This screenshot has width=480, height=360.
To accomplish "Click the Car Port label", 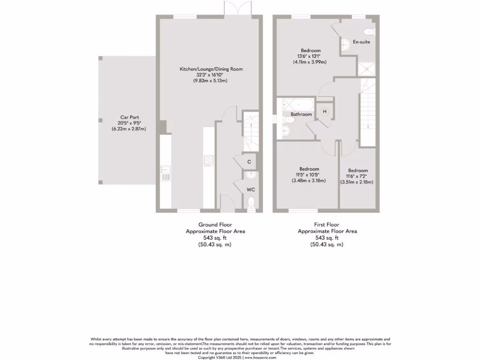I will pyautogui.click(x=129, y=117).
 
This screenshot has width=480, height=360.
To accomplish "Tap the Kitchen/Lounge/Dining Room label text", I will pyautogui.click(x=211, y=69).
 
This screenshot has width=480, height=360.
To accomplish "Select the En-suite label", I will pyautogui.click(x=361, y=42).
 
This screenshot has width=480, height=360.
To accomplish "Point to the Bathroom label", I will pyautogui.click(x=301, y=114).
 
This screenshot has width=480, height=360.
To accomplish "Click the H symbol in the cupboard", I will pyautogui.click(x=324, y=112).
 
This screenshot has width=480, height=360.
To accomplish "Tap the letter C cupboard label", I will pyautogui.click(x=249, y=162).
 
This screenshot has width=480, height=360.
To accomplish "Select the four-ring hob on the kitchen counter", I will pyautogui.click(x=209, y=161).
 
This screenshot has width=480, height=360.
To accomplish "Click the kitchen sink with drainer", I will pyautogui.click(x=165, y=172).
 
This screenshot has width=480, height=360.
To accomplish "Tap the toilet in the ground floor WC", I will pyautogui.click(x=251, y=202).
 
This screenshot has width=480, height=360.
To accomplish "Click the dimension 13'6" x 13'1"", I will pyautogui.click(x=310, y=56).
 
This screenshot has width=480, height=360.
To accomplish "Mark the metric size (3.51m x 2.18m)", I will pyautogui.click(x=358, y=182).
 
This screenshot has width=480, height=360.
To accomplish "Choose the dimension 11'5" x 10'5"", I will pyautogui.click(x=309, y=175).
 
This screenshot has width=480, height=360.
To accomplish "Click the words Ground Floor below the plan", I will pyautogui.click(x=215, y=225).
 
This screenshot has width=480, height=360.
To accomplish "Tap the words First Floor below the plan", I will pyautogui.click(x=327, y=225).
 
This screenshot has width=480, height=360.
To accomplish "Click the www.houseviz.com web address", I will pyautogui.click(x=260, y=357).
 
